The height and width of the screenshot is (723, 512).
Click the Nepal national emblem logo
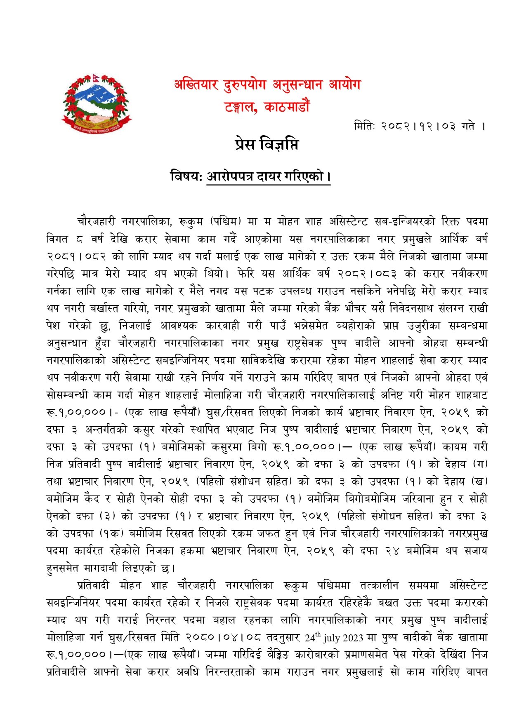(97, 104)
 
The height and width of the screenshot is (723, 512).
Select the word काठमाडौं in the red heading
(288, 107)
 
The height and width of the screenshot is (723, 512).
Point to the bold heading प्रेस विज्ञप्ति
(267, 145)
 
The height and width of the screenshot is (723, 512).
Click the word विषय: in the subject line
(186, 177)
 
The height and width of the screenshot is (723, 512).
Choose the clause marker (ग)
(480, 464)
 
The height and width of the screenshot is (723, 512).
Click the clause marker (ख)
(480, 481)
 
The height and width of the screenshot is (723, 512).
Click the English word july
(332, 638)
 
